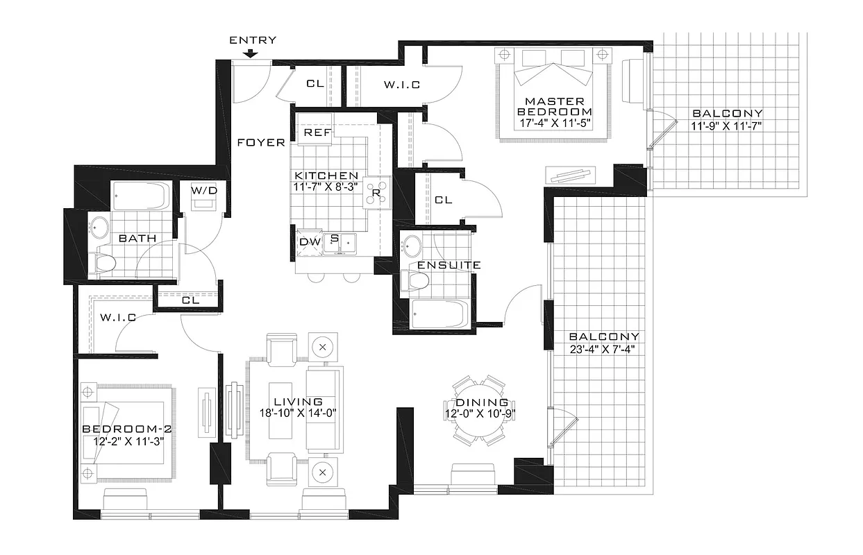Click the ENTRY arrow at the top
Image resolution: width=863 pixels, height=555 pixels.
tap(253, 53)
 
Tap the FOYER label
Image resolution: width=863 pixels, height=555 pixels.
tap(260, 143)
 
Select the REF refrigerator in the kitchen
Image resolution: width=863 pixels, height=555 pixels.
tap(317, 132)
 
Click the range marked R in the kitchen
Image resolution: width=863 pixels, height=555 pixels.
tap(376, 193)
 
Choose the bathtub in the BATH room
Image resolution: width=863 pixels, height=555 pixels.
tap(140, 197)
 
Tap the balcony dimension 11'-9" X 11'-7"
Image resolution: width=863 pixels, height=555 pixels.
tap(726, 126)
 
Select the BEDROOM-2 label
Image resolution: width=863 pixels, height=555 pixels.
tap(126, 429)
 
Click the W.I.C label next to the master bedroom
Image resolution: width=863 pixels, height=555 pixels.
tap(402, 85)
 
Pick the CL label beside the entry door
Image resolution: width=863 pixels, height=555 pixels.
tap(315, 84)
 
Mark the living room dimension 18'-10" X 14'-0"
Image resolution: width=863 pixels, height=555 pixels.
tap(297, 414)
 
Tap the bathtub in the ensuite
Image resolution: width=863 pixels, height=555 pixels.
tap(439, 315)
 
